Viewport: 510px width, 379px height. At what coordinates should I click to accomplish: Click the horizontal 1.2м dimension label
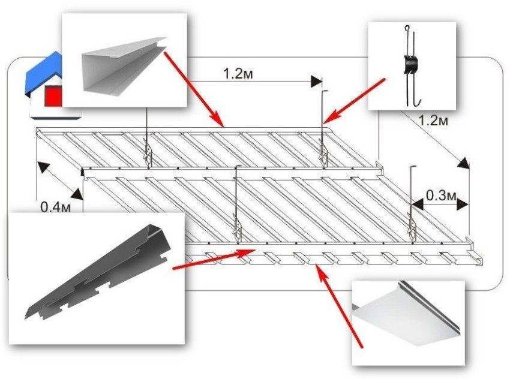pos(238,74)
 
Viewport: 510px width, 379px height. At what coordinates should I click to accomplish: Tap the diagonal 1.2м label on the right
pos(434,121)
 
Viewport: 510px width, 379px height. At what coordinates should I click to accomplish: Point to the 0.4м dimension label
pos(55,207)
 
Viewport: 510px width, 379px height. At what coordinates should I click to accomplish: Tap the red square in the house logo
pos(53,96)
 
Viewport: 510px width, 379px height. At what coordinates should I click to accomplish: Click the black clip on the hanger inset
pos(410,65)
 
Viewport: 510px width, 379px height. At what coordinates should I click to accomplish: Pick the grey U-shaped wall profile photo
pos(124,64)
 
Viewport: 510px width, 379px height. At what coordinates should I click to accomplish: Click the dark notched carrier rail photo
pos(98,272)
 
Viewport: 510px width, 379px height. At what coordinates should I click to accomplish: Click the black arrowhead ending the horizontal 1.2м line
pos(316,82)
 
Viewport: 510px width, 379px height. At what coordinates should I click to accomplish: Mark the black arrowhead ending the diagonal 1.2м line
pos(464,164)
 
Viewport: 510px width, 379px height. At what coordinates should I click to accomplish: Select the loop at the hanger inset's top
pos(407,29)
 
